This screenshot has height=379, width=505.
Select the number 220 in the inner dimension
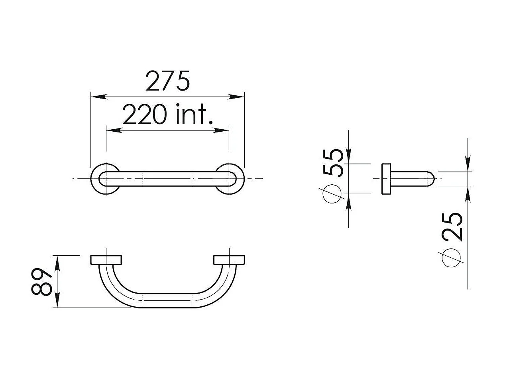pyautogui.click(x=144, y=114)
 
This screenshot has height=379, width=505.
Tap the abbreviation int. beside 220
pyautogui.click(x=195, y=114)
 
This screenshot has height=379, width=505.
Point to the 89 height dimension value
pyautogui.click(x=41, y=281)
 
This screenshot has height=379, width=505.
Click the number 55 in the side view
pyautogui.click(x=333, y=163)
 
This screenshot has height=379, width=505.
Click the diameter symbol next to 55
pyautogui.click(x=332, y=193)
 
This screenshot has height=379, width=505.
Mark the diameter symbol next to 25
pyautogui.click(x=451, y=258)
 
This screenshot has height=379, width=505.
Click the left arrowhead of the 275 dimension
pyautogui.click(x=99, y=97)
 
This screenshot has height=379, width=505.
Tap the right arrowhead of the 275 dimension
pyautogui.click(x=236, y=97)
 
